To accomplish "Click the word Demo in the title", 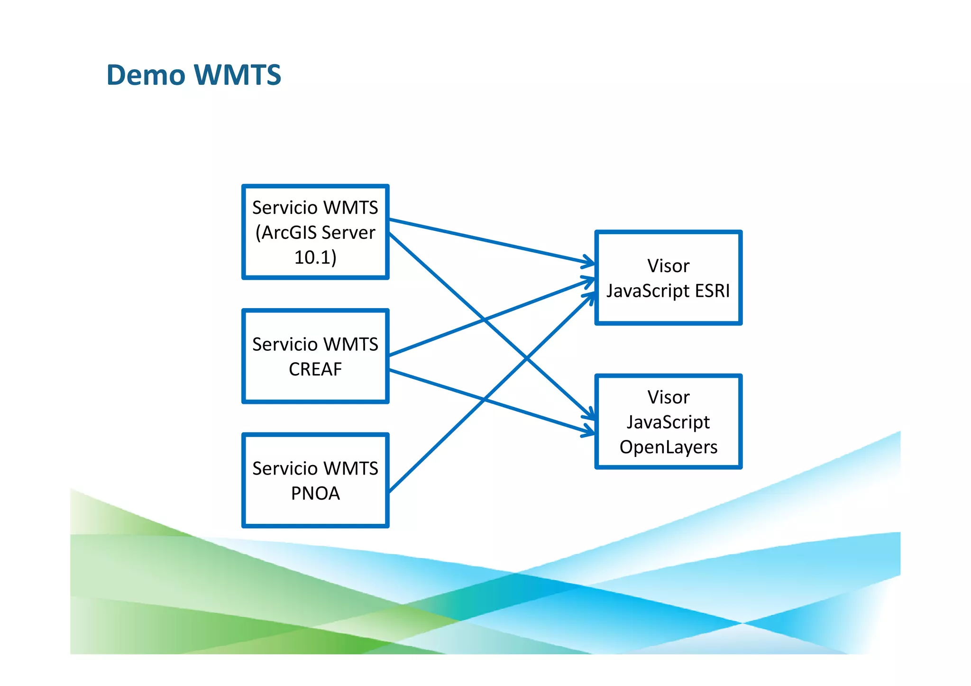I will pyautogui.click(x=146, y=75).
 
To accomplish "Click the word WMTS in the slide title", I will pyautogui.click(x=238, y=75).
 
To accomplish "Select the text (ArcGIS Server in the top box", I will pyautogui.click(x=315, y=232).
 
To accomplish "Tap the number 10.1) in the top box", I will pyautogui.click(x=315, y=257).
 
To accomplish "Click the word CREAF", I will pyautogui.click(x=315, y=369).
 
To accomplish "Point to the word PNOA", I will pyautogui.click(x=315, y=494).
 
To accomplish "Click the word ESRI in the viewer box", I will pyautogui.click(x=712, y=291).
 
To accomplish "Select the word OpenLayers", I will pyautogui.click(x=669, y=447).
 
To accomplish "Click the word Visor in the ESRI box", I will pyautogui.click(x=669, y=266).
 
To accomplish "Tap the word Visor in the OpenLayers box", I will pyautogui.click(x=669, y=397).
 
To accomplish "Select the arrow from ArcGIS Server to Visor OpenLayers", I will pyautogui.click(x=436, y=275).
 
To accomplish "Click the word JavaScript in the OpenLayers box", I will pyautogui.click(x=669, y=422).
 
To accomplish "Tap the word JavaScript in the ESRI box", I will pyautogui.click(x=648, y=291).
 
